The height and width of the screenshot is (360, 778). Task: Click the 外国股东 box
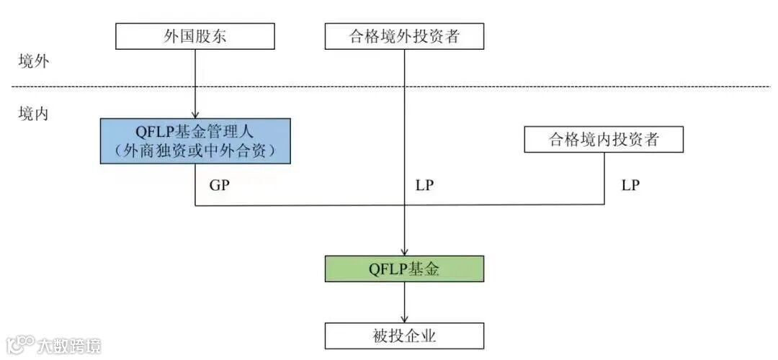(x=195, y=37)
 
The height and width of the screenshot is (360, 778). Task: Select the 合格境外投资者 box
(x=404, y=37)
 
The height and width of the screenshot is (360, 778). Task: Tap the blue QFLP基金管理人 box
(x=195, y=141)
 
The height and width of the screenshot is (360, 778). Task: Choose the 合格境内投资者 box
(x=604, y=140)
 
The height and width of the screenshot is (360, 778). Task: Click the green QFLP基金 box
(x=404, y=269)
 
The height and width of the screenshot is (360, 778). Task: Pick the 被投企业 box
(x=404, y=336)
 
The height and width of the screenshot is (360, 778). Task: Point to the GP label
(x=219, y=185)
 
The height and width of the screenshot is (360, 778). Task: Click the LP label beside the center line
(x=425, y=185)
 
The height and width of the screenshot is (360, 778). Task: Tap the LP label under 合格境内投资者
(x=630, y=185)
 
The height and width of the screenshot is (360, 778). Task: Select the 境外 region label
(x=33, y=61)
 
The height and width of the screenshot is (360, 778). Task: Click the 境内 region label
(x=33, y=114)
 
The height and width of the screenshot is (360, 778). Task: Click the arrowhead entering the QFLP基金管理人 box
(x=195, y=114)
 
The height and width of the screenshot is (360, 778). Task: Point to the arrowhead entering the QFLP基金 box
(x=404, y=252)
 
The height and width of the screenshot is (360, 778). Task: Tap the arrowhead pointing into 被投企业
(x=404, y=319)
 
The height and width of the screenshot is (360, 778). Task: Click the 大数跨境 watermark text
(x=70, y=346)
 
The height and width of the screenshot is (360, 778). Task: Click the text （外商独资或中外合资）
(x=195, y=151)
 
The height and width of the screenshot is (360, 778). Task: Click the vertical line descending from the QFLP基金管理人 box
(x=195, y=184)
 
